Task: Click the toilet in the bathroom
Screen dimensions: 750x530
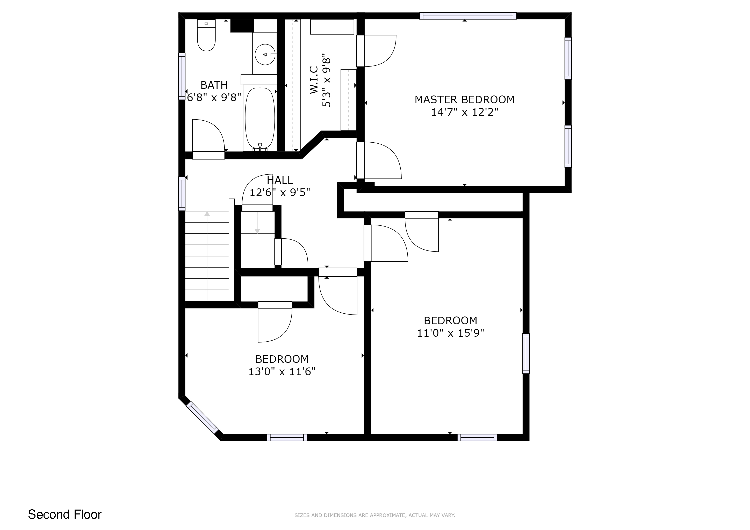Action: [206, 35]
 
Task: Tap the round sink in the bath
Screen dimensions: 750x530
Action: [265, 55]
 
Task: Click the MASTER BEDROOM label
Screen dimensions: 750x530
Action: [465, 100]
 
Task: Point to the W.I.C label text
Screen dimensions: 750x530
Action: [314, 80]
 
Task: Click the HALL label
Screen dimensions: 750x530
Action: [280, 180]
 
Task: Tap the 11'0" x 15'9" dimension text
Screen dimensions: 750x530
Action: [450, 333]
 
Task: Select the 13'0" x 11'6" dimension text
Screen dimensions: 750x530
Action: [282, 372]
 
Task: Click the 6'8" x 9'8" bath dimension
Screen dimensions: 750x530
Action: [214, 97]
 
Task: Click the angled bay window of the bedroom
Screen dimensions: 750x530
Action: [203, 418]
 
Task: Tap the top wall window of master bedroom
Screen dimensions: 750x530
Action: [468, 16]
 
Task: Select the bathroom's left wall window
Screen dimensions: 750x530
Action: [182, 76]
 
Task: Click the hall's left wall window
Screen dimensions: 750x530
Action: [182, 194]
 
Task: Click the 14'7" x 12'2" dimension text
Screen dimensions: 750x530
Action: [465, 112]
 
